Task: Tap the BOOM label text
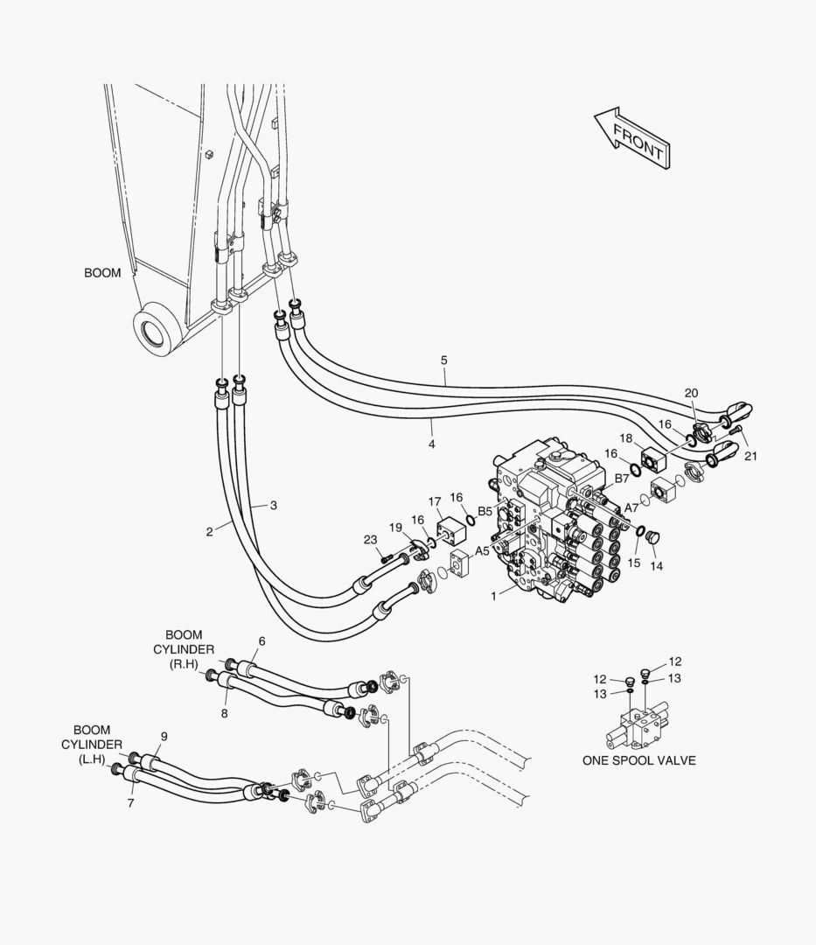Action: (x=102, y=274)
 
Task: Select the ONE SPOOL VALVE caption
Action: (x=639, y=760)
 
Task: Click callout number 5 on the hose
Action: (x=444, y=360)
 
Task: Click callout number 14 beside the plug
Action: (x=656, y=566)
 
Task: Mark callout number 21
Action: (x=751, y=456)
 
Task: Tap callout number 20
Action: (x=691, y=393)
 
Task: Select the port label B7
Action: (x=622, y=479)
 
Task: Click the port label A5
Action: (x=482, y=551)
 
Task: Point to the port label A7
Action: (x=631, y=507)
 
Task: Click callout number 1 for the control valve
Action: (x=493, y=596)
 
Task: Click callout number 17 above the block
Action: (x=435, y=501)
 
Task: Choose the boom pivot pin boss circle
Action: (x=157, y=330)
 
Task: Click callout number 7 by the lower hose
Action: (x=130, y=802)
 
